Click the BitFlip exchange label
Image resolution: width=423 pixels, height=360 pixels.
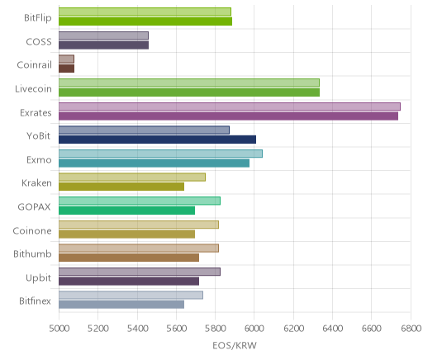point(38,18)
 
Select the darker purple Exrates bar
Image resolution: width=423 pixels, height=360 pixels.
point(228,116)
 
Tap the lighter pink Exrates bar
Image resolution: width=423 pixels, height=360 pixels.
point(230,107)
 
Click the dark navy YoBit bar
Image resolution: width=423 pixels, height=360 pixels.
point(157,140)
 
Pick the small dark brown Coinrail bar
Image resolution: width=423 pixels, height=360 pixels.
point(66,69)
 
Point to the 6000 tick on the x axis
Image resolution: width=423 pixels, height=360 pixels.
point(254,329)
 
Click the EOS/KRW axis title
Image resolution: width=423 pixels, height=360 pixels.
point(235,345)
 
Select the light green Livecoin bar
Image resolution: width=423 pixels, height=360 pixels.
point(189,83)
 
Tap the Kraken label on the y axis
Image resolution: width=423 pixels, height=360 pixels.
point(36,183)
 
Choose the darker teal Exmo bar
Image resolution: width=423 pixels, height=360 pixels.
point(154,163)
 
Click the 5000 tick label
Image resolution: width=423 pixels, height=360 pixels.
point(59,329)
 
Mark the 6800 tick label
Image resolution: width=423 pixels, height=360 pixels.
point(411,329)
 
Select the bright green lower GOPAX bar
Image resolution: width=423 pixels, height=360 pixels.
point(126,211)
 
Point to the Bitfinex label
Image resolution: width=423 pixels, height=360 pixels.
point(35,301)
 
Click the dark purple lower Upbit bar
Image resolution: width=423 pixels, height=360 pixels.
point(129,282)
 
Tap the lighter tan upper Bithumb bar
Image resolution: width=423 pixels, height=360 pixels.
point(139,248)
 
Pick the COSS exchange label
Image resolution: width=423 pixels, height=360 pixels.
point(39,42)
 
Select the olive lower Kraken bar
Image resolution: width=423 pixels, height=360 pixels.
point(121,187)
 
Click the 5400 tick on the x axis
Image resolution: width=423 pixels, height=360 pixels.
point(137,329)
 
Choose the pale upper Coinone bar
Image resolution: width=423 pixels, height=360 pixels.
point(139,225)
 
